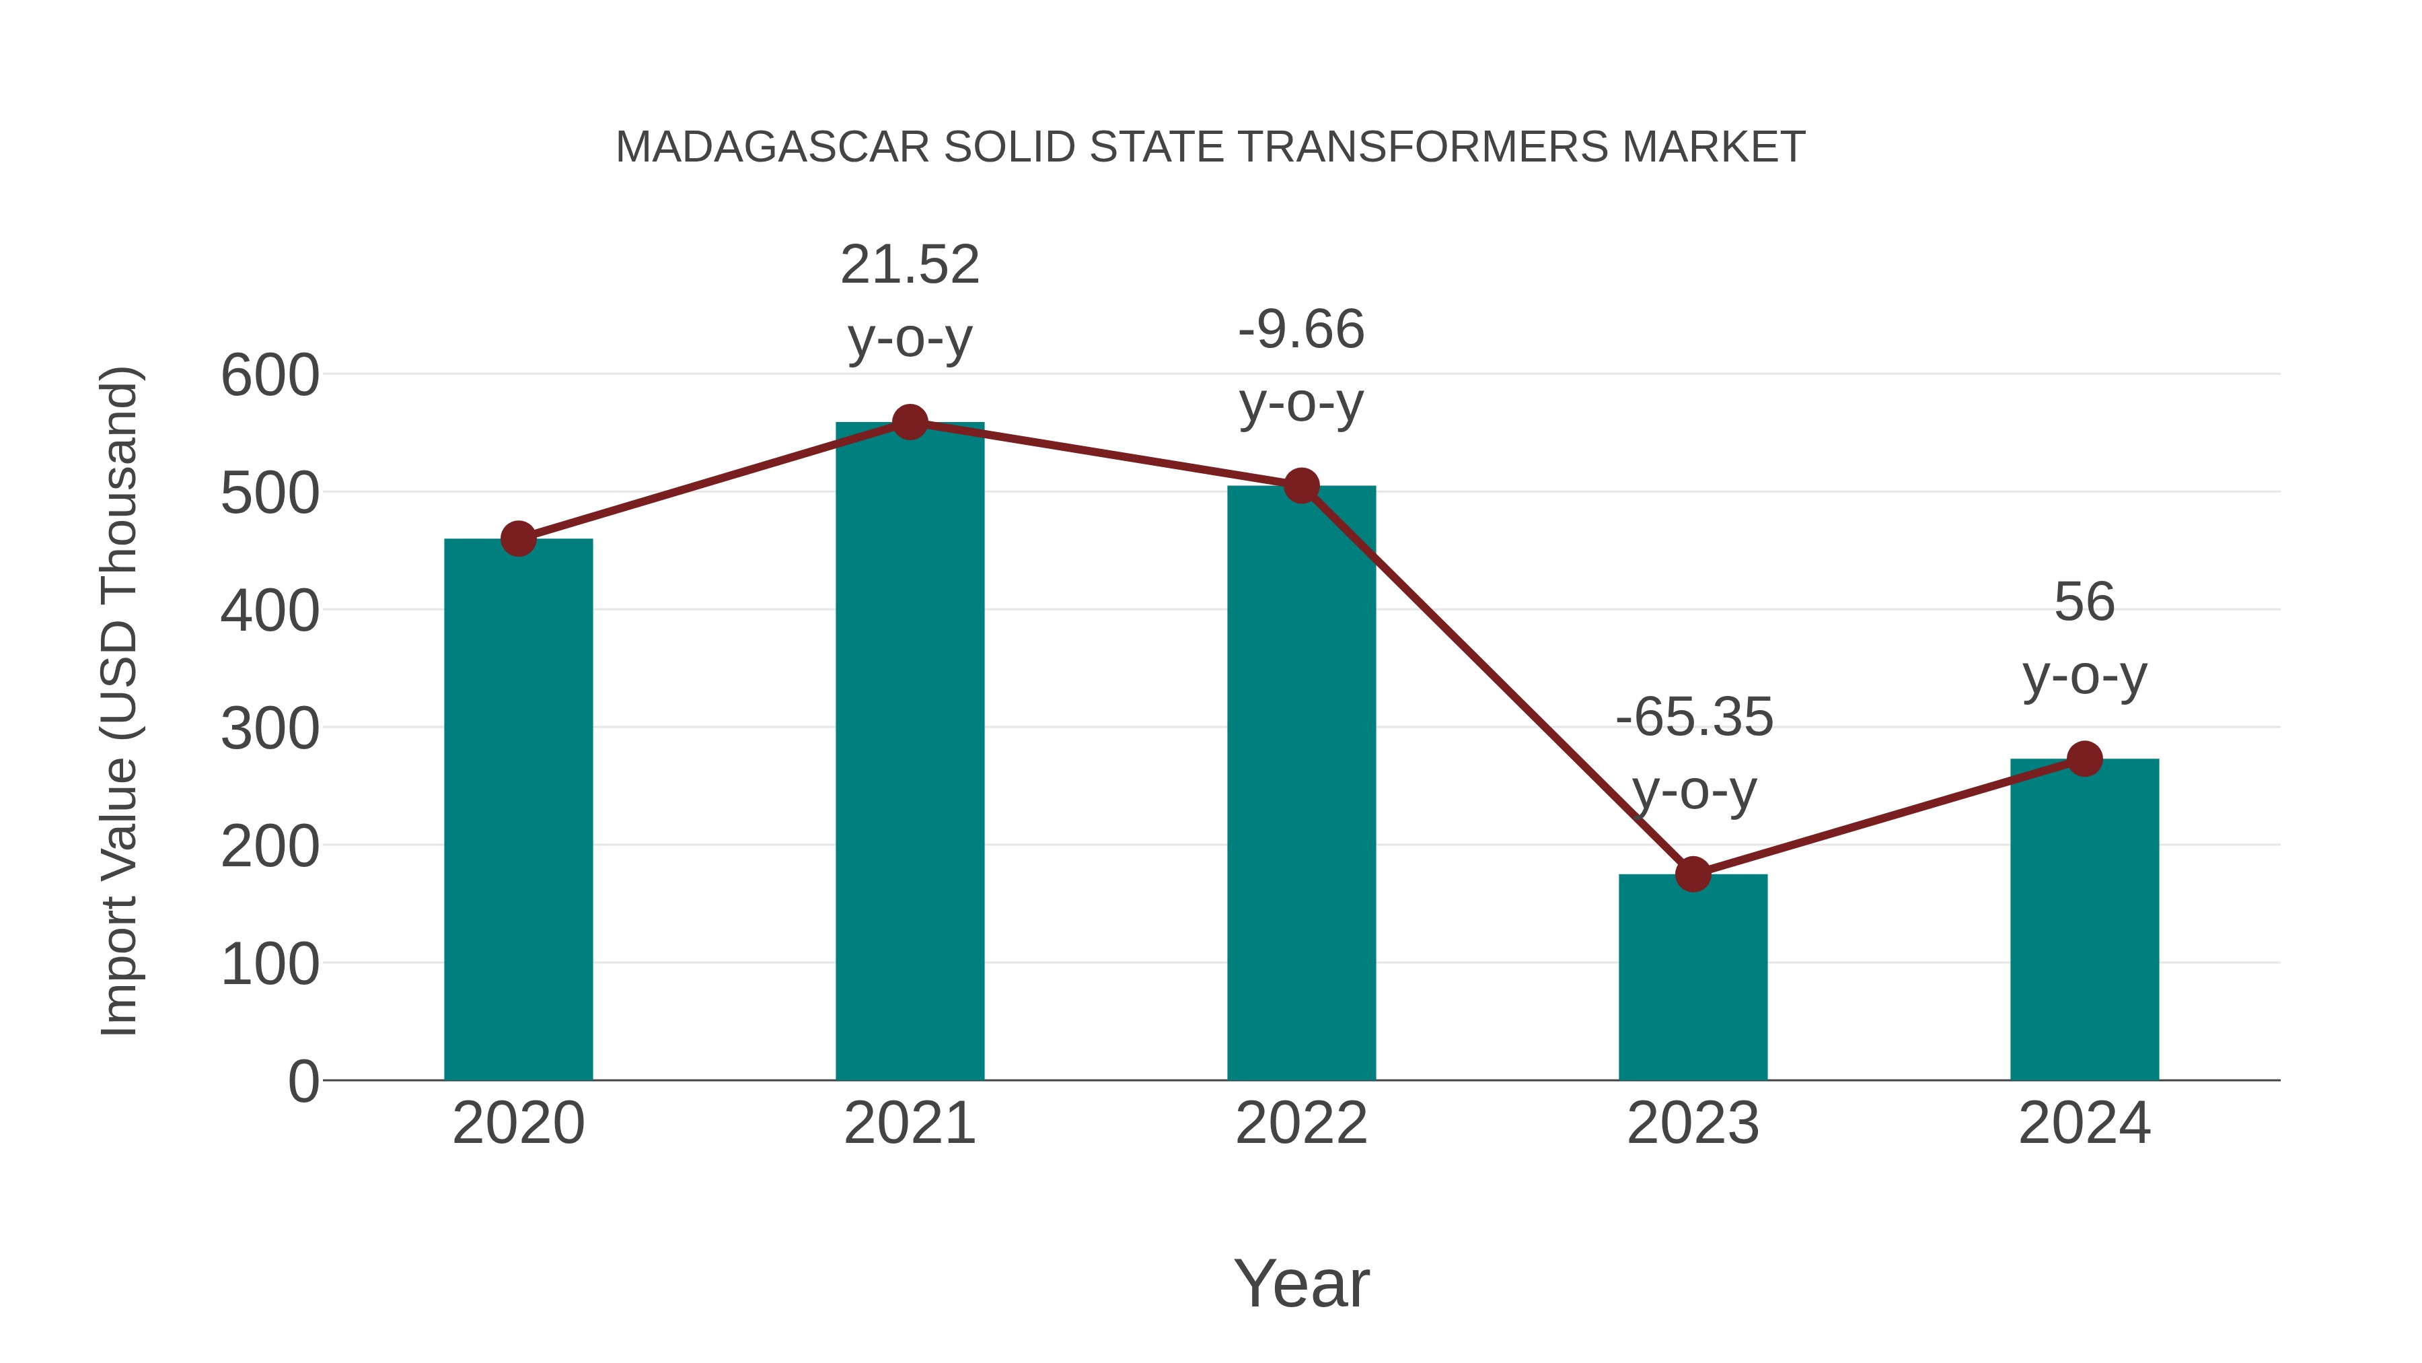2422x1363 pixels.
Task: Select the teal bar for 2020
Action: [518, 809]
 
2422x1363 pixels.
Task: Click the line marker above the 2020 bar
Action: [518, 539]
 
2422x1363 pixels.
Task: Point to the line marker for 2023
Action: [1693, 874]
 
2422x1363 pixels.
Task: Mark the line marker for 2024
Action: [2084, 758]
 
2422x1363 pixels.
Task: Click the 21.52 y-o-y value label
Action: [909, 265]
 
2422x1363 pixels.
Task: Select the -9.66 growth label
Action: [1301, 330]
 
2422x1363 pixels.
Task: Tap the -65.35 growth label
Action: [1693, 718]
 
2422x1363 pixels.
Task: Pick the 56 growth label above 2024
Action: [2084, 602]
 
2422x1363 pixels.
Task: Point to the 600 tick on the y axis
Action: [270, 376]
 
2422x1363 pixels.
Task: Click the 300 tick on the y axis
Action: [270, 728]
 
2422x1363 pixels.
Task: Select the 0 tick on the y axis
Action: [303, 1081]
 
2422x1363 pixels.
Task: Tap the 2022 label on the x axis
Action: [1301, 1123]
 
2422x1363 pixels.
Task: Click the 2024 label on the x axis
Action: [2084, 1123]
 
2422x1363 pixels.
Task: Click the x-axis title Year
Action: [1301, 1283]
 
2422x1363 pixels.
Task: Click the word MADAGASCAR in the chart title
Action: [772, 147]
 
